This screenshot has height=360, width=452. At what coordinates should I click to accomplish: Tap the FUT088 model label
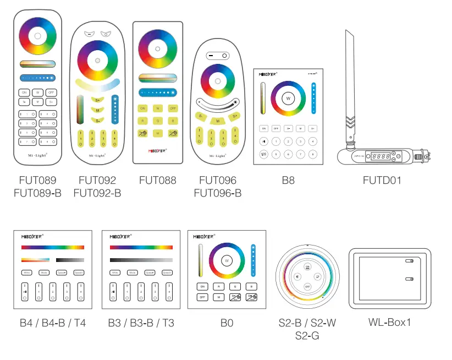pyautogui.click(x=158, y=180)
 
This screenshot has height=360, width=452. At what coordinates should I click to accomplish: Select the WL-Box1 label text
pyautogui.click(x=389, y=322)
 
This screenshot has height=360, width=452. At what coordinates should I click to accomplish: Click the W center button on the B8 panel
pyautogui.click(x=288, y=98)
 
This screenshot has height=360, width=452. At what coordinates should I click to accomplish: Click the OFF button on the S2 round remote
pyautogui.click(x=307, y=287)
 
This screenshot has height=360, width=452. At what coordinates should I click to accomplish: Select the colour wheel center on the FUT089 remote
pyautogui.click(x=37, y=36)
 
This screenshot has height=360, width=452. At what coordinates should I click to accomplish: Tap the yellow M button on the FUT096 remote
pyautogui.click(x=218, y=121)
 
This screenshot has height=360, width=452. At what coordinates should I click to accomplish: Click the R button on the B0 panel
pyautogui.click(x=218, y=287)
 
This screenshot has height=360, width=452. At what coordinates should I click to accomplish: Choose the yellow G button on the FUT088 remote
pyautogui.click(x=158, y=121)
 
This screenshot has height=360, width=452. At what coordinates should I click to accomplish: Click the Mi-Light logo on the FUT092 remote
pyautogui.click(x=97, y=156)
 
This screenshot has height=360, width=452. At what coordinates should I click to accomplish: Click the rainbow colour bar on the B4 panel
pyautogui.click(x=53, y=247)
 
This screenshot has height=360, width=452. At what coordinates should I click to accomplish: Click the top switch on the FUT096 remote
pyautogui.click(x=217, y=56)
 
